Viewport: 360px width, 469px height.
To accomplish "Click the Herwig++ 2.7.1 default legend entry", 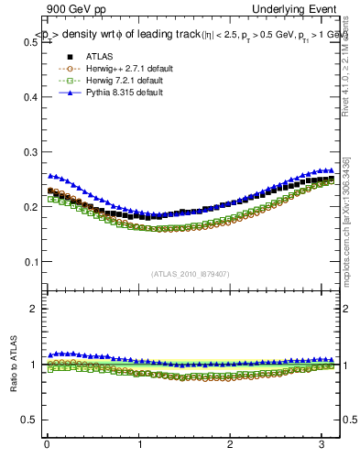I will click(119, 68).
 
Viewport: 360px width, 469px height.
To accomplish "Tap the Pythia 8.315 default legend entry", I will click(117, 92).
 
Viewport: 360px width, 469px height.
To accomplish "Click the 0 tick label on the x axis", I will click(47, 446).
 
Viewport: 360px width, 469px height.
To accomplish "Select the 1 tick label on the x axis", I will click(139, 446).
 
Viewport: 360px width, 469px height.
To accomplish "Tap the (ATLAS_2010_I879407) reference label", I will click(191, 273).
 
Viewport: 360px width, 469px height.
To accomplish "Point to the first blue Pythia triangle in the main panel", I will click(50, 175).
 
